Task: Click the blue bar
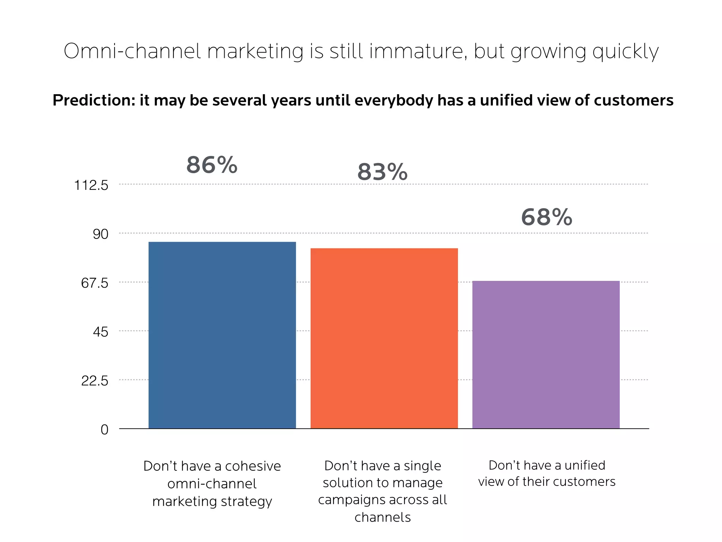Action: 222,335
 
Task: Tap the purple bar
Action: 546,355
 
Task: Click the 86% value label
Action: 212,165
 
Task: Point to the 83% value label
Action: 383,172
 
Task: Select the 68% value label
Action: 546,217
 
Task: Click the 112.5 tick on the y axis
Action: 91,185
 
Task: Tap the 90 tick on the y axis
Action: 100,234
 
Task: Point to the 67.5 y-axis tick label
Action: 94,283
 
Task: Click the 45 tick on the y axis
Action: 100,332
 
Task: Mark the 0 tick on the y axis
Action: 104,430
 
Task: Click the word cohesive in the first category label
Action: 253,466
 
